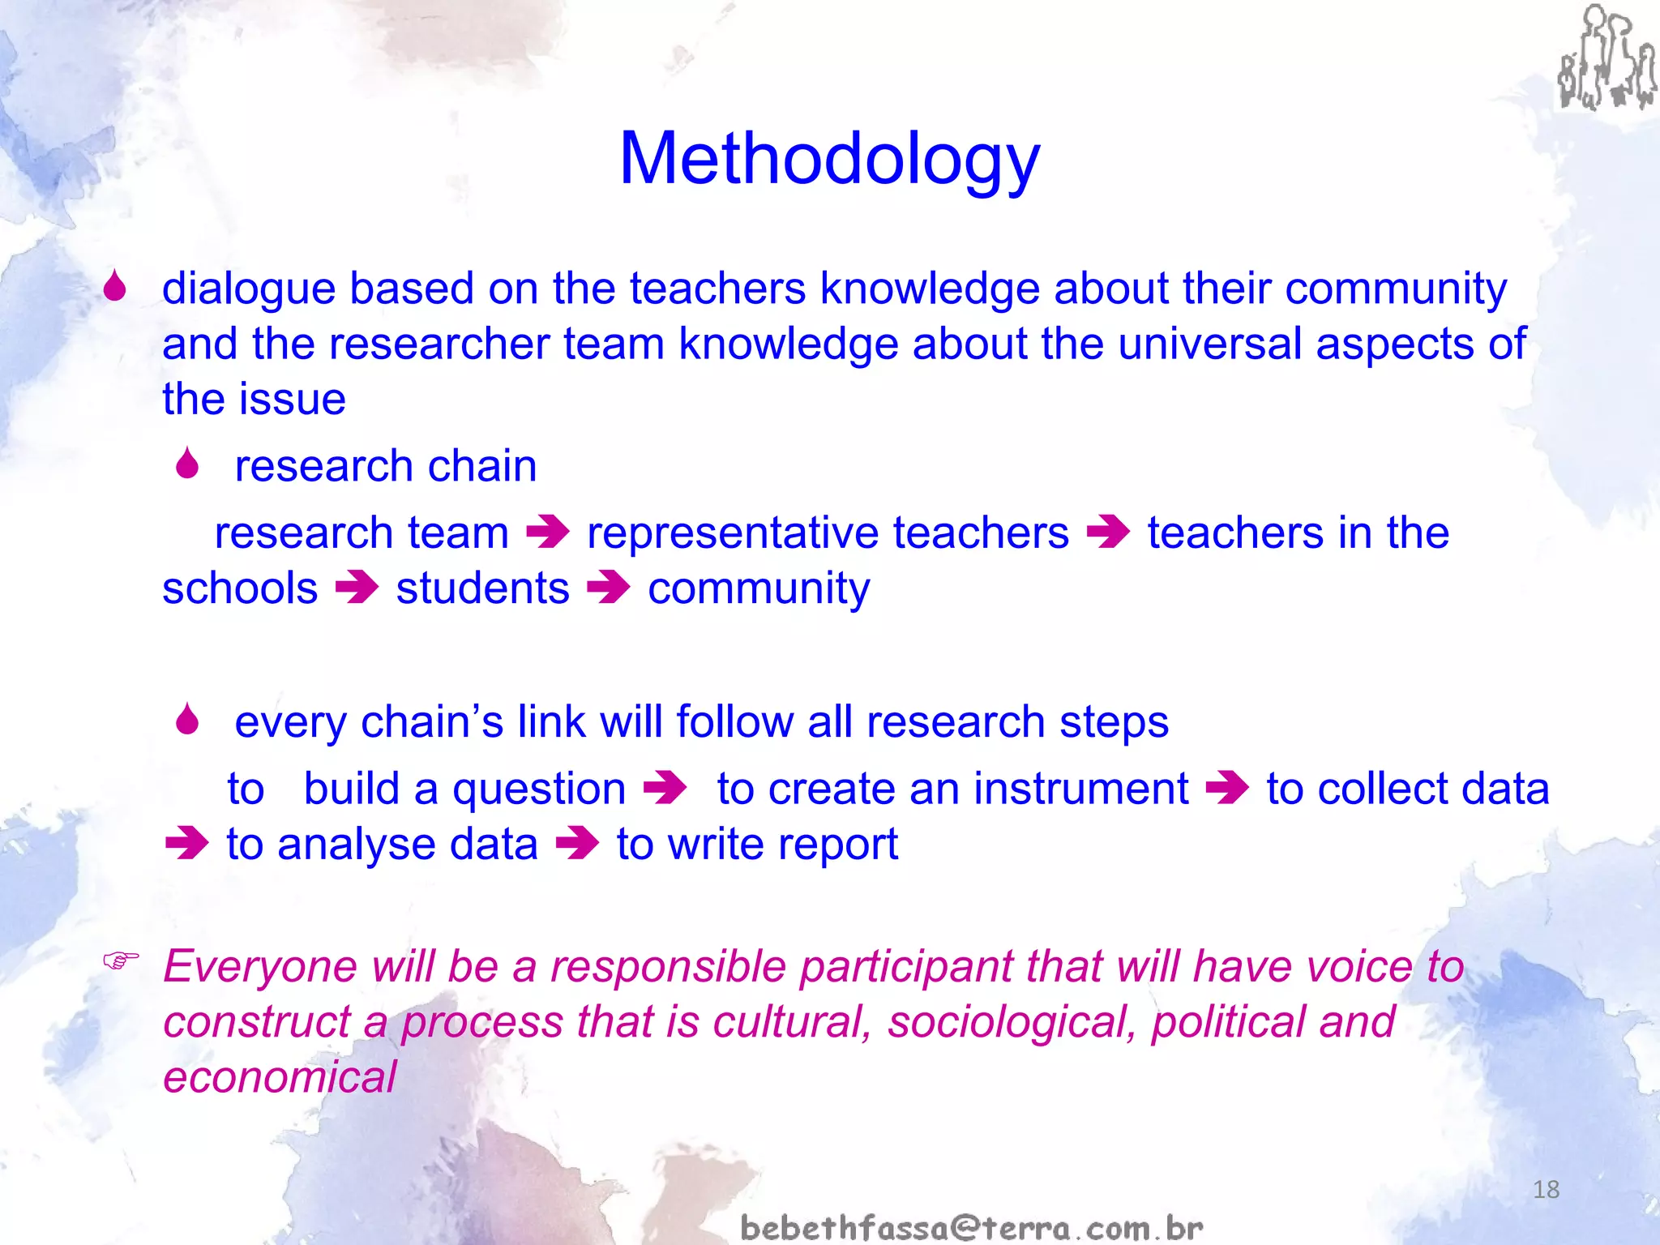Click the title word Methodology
pos(829,159)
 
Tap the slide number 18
pos(1546,1189)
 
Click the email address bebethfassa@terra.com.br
pos(971,1227)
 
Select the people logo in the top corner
pos(1606,58)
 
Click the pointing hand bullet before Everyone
pos(121,961)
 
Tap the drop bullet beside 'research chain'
pos(187,464)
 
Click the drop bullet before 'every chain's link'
pos(187,720)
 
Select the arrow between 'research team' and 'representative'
pos(548,533)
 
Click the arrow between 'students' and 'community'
pos(608,588)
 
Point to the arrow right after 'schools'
pos(357,588)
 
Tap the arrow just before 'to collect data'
pos(1227,788)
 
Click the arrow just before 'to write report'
pos(577,844)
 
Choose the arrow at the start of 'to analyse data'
pos(186,844)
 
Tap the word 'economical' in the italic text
pos(280,1077)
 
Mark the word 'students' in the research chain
pos(482,588)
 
